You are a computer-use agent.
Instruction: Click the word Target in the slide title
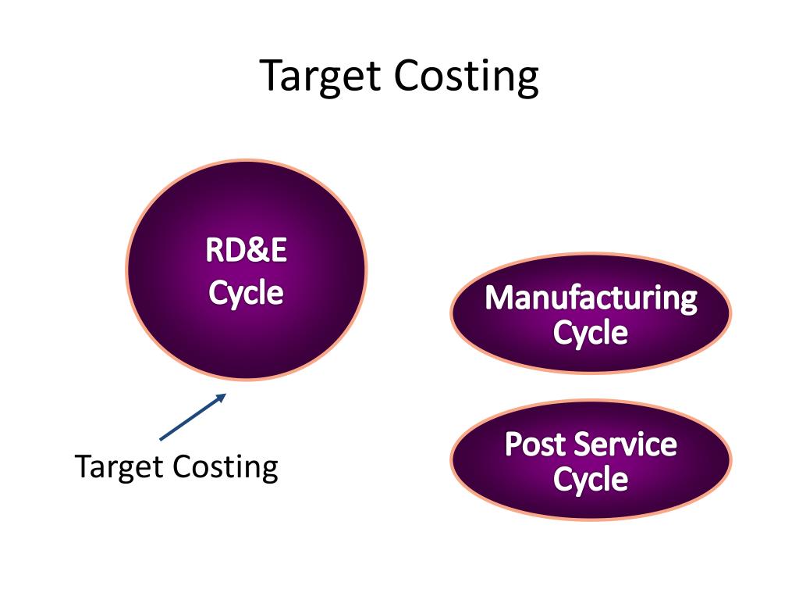pos(320,77)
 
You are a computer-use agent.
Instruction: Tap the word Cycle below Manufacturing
pos(591,334)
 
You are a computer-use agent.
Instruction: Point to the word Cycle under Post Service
pos(591,480)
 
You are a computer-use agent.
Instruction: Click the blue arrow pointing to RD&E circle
pos(192,416)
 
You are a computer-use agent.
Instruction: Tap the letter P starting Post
pos(513,445)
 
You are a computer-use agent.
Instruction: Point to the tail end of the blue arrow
pos(161,439)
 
